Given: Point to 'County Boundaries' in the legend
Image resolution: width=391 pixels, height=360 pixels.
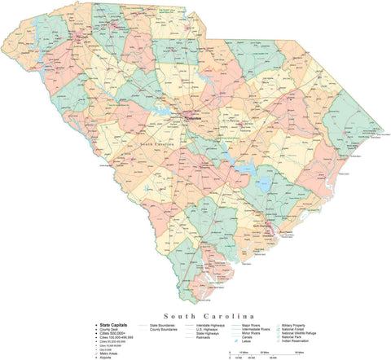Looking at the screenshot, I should pyautogui.click(x=167, y=328).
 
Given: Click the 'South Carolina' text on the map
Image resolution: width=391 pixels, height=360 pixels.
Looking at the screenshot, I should pyautogui.click(x=156, y=144).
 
